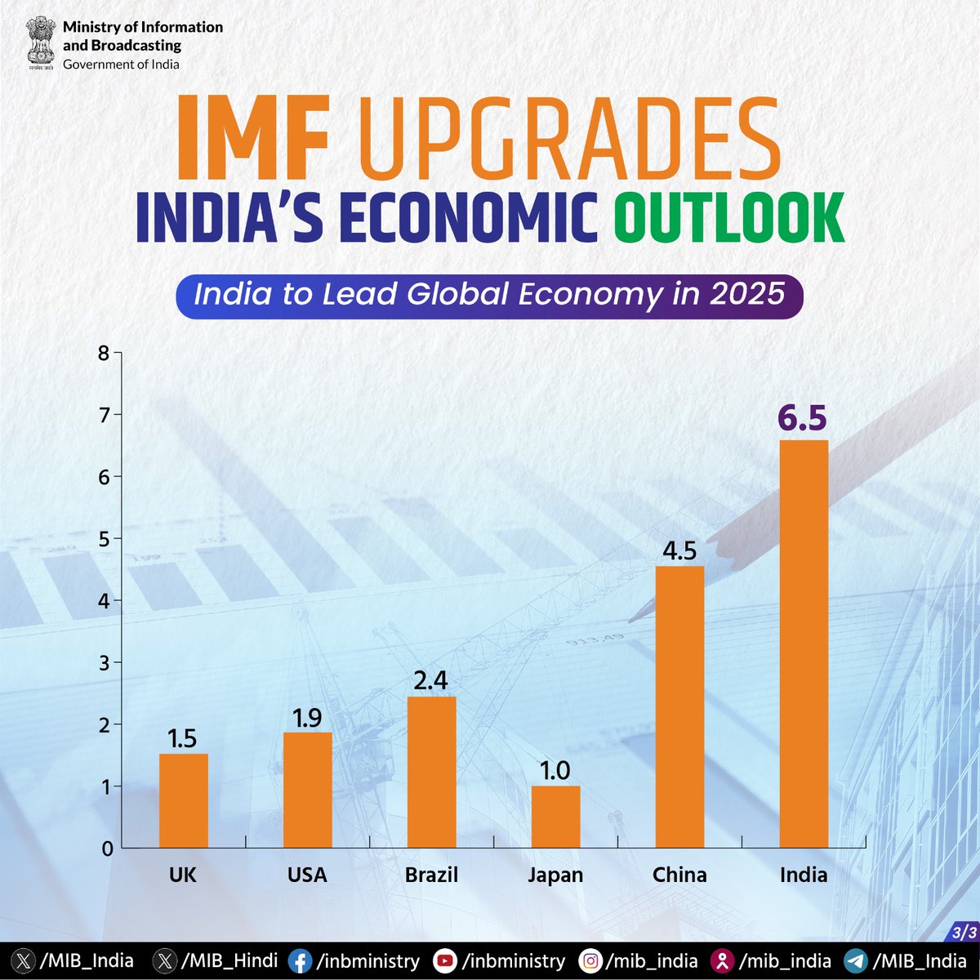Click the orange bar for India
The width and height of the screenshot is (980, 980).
coord(804,644)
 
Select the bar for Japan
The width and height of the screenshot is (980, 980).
coord(556,817)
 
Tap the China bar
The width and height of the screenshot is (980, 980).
coord(679,707)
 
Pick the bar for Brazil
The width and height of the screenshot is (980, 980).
coord(432,772)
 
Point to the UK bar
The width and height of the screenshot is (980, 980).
coord(184,800)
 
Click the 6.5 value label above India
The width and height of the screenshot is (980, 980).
coord(803,419)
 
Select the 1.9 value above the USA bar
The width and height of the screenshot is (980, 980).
coord(307,718)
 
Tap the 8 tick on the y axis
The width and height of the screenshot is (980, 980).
coord(104,353)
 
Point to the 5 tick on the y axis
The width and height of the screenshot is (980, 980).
coord(104,539)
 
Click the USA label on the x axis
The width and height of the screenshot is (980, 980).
coord(307,875)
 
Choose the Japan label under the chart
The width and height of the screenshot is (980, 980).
coord(555,875)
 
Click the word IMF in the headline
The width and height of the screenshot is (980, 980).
coord(252,137)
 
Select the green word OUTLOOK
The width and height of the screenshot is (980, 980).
coord(729,218)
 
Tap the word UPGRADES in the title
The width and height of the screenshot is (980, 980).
coord(569,137)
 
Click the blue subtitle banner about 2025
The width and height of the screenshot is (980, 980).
coord(489,296)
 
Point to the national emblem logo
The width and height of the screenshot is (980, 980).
coord(41,42)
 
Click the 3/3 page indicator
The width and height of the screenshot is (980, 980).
coord(964,933)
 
